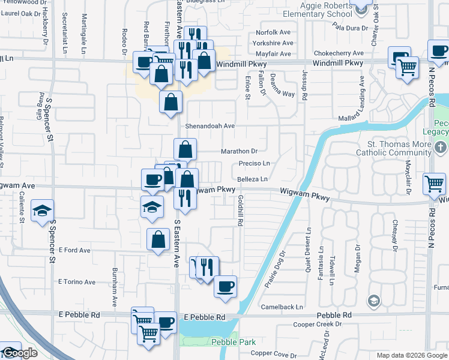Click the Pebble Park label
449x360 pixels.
point(234,342)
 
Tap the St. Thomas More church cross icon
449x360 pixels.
point(440,148)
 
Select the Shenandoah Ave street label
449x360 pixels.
point(209,126)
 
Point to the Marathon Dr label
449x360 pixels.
point(239,151)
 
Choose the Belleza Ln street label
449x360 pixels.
point(252,179)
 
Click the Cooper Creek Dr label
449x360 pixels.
point(316,325)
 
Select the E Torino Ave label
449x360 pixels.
point(77,281)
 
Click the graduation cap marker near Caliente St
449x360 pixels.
point(42,211)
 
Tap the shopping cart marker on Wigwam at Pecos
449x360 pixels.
point(434,183)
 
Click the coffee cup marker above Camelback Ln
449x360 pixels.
point(225,286)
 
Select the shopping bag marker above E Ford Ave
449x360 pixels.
point(157,239)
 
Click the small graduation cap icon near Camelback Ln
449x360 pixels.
point(373,300)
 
